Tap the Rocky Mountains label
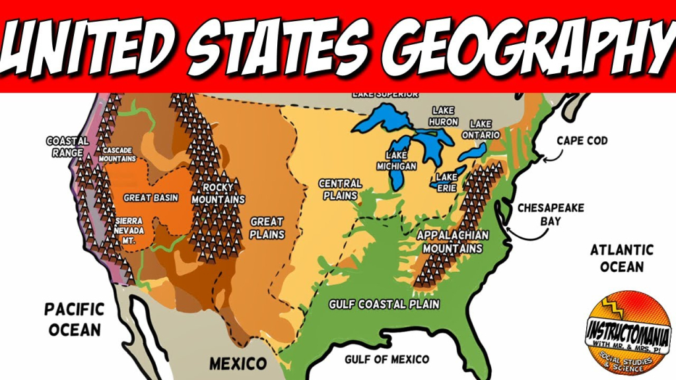(219, 193)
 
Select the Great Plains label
(267, 228)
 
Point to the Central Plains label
(340, 189)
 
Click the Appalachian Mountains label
(453, 241)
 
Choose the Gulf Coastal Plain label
(385, 304)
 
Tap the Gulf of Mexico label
(387, 359)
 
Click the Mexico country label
(238, 363)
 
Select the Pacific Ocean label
(75, 319)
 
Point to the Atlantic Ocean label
(621, 258)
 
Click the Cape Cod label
(582, 141)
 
